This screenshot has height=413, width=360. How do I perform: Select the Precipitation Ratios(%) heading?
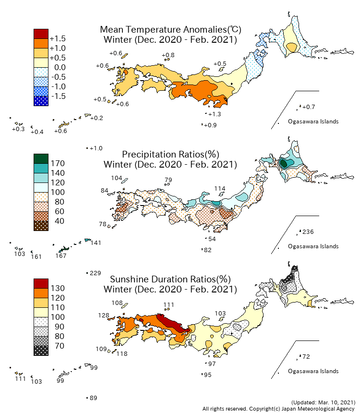(x=170, y=154)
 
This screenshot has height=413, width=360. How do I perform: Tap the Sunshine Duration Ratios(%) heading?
(x=170, y=279)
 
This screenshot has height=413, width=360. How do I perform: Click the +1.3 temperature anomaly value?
(x=214, y=114)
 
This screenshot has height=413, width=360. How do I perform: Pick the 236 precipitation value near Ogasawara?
(x=308, y=232)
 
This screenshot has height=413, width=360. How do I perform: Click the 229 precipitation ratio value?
(x=95, y=273)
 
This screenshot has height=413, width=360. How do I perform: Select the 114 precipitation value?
(x=219, y=188)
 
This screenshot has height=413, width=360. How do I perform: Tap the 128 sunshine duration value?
(x=103, y=315)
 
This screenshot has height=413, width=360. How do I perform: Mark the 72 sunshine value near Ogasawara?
(x=306, y=357)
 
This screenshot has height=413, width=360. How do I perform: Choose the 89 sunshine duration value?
(x=94, y=398)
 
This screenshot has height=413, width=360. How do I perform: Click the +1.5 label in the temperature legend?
(x=58, y=38)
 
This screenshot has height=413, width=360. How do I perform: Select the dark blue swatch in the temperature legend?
(x=41, y=101)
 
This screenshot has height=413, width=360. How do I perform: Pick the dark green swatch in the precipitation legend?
(x=41, y=158)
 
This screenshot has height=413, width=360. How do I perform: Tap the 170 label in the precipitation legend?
(x=58, y=163)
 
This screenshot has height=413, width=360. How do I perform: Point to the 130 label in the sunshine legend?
(x=58, y=288)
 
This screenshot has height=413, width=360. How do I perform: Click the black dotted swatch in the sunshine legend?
(x=41, y=351)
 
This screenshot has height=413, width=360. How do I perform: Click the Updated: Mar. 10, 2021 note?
(x=323, y=402)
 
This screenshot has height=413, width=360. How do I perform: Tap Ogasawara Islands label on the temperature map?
(x=313, y=121)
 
